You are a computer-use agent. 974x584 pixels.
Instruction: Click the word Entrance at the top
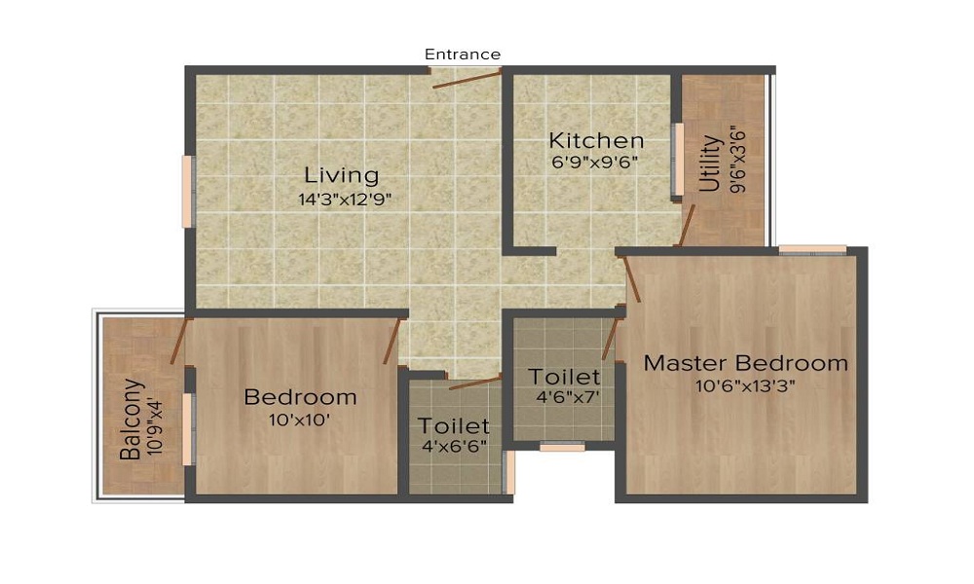pos(463,55)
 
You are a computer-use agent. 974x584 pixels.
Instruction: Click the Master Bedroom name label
pos(745,364)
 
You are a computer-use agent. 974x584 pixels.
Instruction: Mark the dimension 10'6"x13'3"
pos(745,386)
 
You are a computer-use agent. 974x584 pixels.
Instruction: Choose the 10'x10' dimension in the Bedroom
pos(300,420)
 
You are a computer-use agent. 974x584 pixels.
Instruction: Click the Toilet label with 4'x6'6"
pos(454,426)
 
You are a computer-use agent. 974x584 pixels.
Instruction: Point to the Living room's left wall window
pos(187,192)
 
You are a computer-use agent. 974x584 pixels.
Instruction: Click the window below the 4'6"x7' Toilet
pos(562,448)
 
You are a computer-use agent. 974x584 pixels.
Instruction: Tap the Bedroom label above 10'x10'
pos(300,397)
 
